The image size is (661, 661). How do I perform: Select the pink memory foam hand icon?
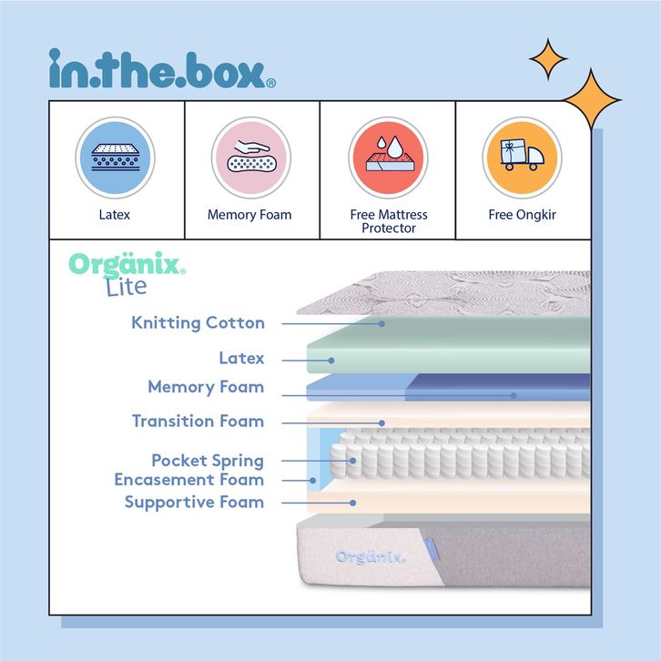click(250, 158)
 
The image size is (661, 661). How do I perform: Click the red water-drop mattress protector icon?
click(388, 158)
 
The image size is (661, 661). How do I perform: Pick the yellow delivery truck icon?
click(523, 158)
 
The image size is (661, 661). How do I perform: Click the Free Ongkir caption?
click(523, 216)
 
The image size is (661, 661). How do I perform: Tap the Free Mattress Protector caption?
click(389, 221)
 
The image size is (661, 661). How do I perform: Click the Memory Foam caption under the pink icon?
click(249, 216)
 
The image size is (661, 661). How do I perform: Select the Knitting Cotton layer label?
click(198, 323)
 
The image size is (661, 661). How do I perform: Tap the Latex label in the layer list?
click(241, 359)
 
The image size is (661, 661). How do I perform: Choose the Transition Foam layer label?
click(198, 422)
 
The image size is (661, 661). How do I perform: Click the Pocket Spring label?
click(208, 461)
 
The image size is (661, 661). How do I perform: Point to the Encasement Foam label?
click(188, 480)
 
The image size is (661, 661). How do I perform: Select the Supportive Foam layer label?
click(194, 502)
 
